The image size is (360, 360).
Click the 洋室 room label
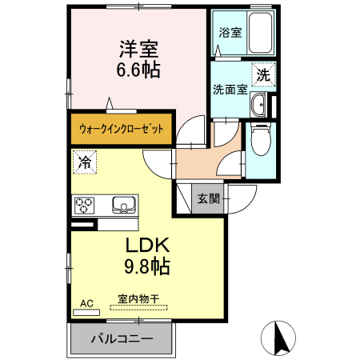(x=138, y=49)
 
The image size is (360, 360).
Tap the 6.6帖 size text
(x=138, y=70)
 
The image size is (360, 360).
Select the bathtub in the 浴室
(x=260, y=33)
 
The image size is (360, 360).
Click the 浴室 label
(x=230, y=33)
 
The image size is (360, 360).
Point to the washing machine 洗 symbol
(x=264, y=74)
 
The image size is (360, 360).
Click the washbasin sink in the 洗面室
(x=258, y=105)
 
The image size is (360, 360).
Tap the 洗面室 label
(x=230, y=90)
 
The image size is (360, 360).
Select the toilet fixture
(x=261, y=139)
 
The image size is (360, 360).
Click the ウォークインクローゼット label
(x=122, y=129)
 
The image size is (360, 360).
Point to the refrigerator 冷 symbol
(x=85, y=162)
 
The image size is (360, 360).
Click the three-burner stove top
(x=84, y=206)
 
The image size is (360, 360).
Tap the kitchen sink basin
(x=124, y=205)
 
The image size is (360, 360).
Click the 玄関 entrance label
(x=209, y=198)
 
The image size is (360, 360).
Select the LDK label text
(x=147, y=245)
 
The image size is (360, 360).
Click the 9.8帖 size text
(x=147, y=266)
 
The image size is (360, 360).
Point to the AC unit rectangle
(x=86, y=312)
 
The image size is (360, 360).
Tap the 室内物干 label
(x=138, y=298)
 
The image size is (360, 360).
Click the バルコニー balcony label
(x=122, y=339)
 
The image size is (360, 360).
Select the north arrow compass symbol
(x=278, y=338)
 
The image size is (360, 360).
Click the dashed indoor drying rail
(x=138, y=307)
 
